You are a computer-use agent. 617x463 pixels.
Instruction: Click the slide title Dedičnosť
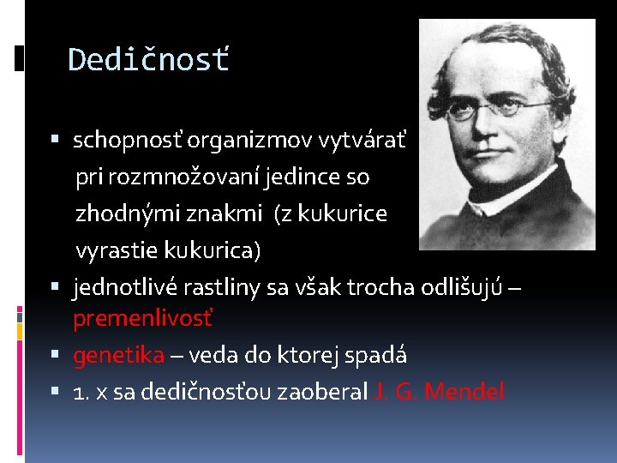click(148, 60)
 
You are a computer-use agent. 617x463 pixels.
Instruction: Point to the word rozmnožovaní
click(184, 177)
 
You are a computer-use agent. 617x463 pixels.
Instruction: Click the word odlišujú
click(463, 286)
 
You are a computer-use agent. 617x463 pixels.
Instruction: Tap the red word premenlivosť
click(143, 319)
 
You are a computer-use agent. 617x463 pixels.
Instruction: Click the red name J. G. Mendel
click(440, 392)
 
